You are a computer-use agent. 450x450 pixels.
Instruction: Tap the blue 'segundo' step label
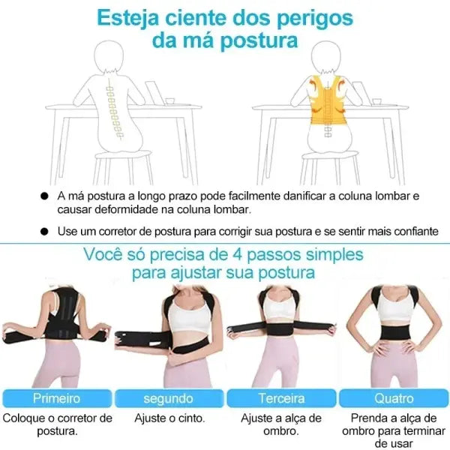pyautogui.click(x=169, y=398)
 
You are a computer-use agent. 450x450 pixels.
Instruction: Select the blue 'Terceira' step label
pyautogui.click(x=281, y=398)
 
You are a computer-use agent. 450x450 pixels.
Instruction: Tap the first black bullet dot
pyautogui.click(x=45, y=196)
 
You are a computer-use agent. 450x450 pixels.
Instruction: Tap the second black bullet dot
pyautogui.click(x=45, y=231)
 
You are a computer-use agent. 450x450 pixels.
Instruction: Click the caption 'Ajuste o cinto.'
pyautogui.click(x=169, y=418)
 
